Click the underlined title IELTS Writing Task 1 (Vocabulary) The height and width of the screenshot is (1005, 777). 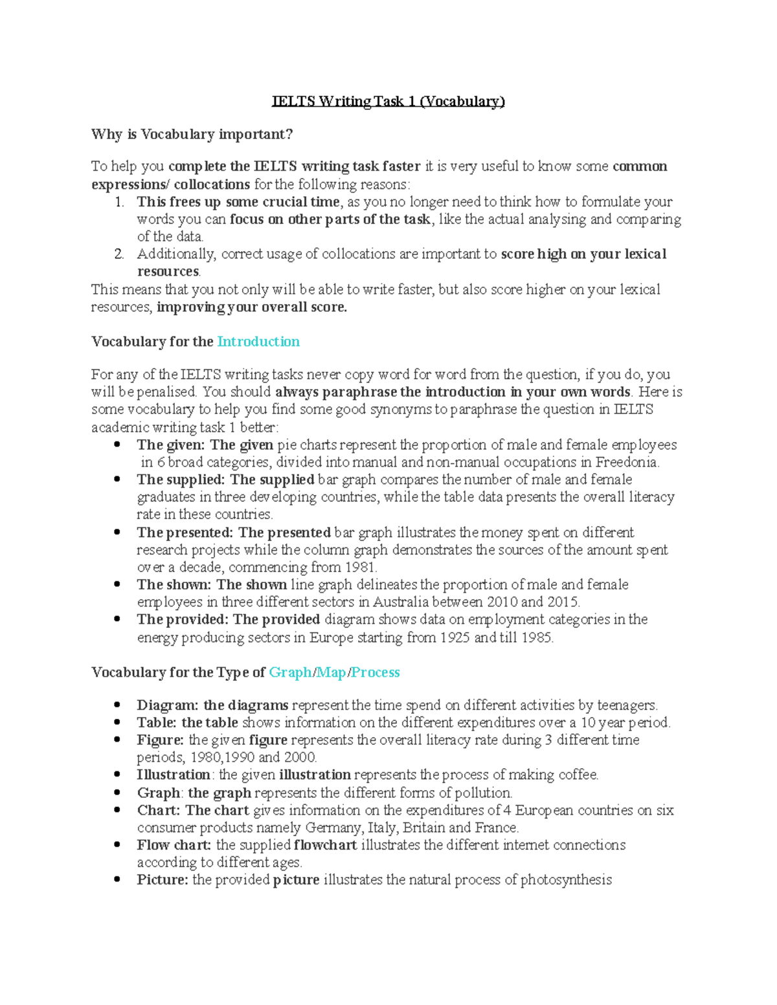(x=388, y=102)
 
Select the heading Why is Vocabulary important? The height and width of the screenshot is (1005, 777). (x=192, y=135)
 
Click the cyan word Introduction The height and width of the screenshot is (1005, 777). (x=258, y=342)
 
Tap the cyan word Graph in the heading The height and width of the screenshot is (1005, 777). (x=290, y=672)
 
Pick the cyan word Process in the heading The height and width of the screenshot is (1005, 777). (x=376, y=672)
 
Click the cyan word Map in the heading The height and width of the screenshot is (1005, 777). (x=332, y=672)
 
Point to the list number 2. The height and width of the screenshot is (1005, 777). (x=118, y=254)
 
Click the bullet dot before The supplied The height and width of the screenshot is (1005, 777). (x=117, y=480)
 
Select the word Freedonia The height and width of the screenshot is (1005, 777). (x=627, y=463)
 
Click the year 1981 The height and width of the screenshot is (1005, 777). (x=361, y=568)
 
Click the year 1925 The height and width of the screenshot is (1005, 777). (x=455, y=637)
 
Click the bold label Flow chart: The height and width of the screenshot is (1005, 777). (x=174, y=845)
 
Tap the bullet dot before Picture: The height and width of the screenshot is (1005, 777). (x=117, y=880)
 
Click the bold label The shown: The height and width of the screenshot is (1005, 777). (x=174, y=585)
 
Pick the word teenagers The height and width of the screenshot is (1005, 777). (x=626, y=705)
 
